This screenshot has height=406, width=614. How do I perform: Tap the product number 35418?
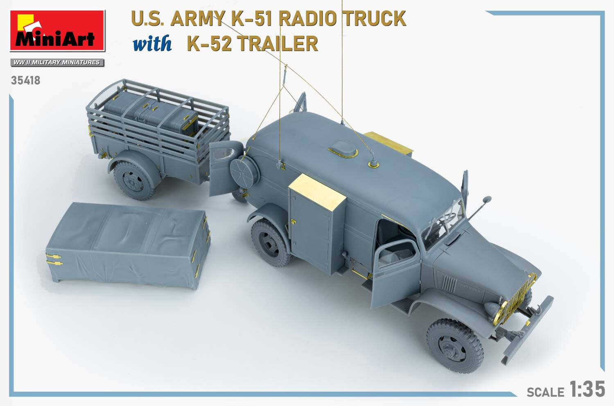[26, 80]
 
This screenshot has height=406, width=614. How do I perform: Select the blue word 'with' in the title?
[152, 44]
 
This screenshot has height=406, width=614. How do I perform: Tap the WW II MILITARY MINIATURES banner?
[57, 62]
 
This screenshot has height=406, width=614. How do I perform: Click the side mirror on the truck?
[486, 201]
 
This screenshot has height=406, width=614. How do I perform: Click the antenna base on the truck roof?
[374, 164]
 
